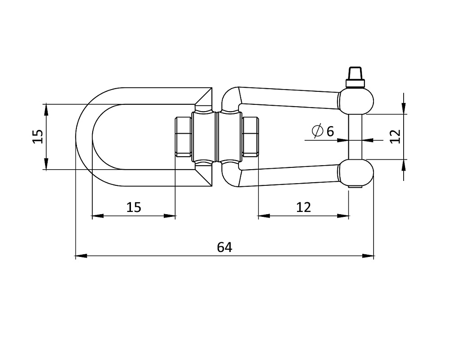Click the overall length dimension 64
(225, 247)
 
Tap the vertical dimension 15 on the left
(38, 137)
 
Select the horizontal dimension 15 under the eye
(134, 207)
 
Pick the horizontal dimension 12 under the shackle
(303, 207)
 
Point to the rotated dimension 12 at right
(396, 137)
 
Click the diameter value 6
(330, 131)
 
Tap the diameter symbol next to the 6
(317, 131)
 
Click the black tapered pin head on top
(355, 73)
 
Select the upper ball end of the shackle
(356, 101)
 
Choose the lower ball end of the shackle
(356, 172)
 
